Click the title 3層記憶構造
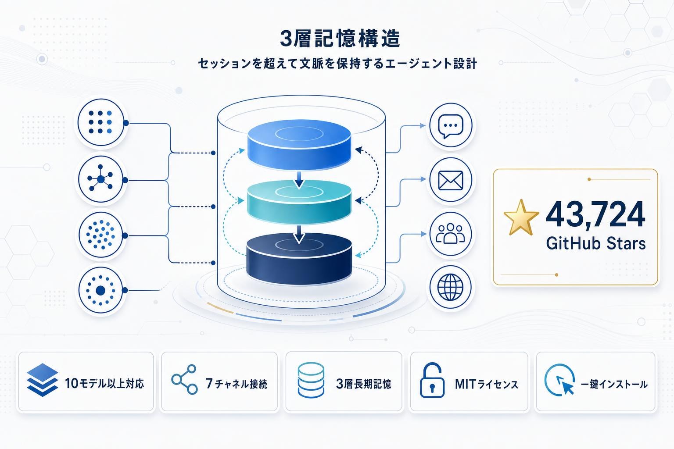(x=340, y=39)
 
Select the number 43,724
(x=595, y=215)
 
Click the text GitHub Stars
(x=595, y=243)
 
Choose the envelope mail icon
(x=451, y=180)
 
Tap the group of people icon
(x=451, y=234)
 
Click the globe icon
(x=451, y=288)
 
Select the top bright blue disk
(x=299, y=143)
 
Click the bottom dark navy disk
(x=299, y=257)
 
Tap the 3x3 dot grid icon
(x=100, y=122)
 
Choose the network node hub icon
(x=101, y=179)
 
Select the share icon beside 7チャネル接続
(x=184, y=380)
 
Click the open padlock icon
(x=432, y=381)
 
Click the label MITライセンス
(x=486, y=385)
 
